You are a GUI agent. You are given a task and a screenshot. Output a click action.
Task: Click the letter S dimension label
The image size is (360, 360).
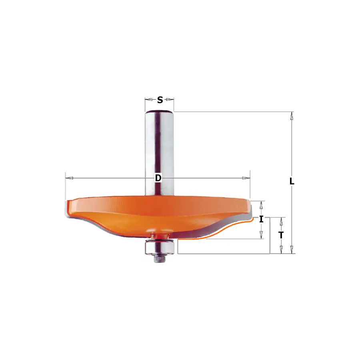click(160, 100)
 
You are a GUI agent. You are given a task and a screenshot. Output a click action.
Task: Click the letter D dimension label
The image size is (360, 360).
click(158, 178)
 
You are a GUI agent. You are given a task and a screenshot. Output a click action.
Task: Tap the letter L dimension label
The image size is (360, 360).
click(292, 181)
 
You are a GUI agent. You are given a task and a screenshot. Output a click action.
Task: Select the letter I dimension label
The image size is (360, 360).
click(261, 219)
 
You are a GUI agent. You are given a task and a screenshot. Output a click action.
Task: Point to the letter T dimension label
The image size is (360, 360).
click(281, 235)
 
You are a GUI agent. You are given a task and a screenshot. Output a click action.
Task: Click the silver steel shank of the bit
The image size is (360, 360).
click(159, 153)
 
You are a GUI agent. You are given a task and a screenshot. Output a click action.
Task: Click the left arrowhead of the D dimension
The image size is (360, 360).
click(69, 178)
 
